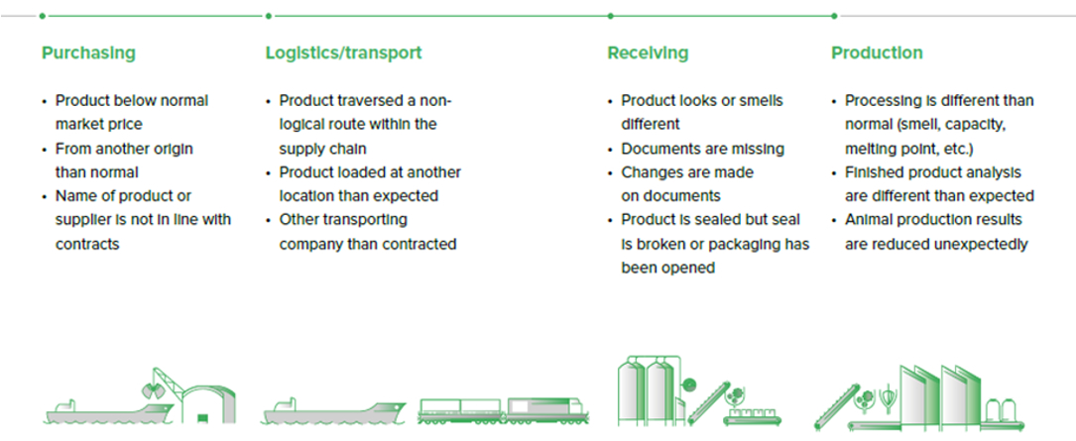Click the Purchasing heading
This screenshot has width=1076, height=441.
point(88,54)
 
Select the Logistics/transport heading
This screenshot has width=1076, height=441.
point(343,54)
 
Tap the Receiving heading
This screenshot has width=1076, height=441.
point(648,54)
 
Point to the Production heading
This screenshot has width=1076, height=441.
point(877,54)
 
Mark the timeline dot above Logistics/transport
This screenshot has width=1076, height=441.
point(268,16)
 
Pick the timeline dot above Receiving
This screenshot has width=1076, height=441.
point(610,16)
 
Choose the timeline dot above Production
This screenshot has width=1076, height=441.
point(834,16)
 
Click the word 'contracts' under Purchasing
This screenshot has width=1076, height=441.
point(87,243)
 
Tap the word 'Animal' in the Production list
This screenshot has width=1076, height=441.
point(869,219)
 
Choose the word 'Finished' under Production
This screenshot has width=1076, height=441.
point(875,171)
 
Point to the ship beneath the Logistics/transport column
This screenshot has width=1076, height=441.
point(333,409)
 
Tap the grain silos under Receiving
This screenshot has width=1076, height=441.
point(645,389)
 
